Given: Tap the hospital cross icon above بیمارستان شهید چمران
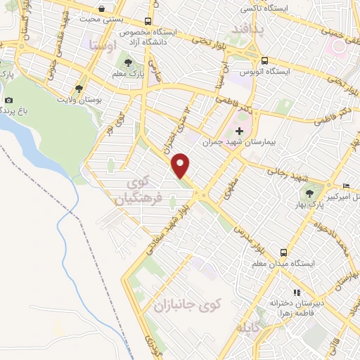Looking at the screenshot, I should [x=239, y=130].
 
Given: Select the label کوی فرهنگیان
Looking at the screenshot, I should [x=133, y=189].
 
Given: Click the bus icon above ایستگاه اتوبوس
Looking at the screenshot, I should [x=264, y=60].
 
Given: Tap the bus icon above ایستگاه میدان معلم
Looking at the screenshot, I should [x=283, y=251].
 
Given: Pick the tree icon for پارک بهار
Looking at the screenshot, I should [x=309, y=191].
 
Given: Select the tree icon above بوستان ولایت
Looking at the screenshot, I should [x=79, y=89].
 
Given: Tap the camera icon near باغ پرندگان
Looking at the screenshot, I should [x=9, y=100].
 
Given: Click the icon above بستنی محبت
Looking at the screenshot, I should [x=103, y=9].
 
